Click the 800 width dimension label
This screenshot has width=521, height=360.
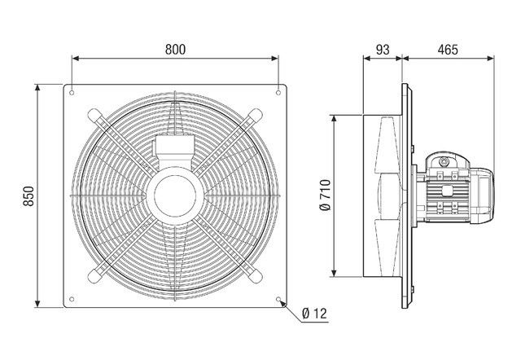click(x=174, y=49)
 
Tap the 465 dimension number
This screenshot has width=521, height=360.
click(x=447, y=49)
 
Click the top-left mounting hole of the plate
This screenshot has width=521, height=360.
click(x=72, y=90)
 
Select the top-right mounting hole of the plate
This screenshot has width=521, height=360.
click(x=278, y=90)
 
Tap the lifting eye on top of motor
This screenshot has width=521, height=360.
click(x=444, y=160)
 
